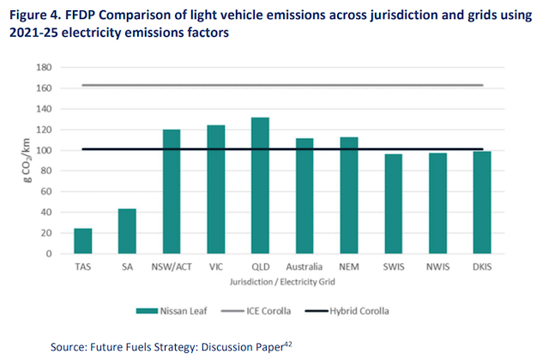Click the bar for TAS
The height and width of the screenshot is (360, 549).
pos(83,241)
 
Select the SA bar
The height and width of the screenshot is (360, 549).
pos(127,231)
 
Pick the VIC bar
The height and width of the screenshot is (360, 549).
pos(216,189)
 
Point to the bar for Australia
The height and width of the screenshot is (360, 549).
pos(305,196)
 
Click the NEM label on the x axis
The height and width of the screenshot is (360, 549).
pos(350,267)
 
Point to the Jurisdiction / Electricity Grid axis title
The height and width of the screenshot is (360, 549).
pos(282,279)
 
